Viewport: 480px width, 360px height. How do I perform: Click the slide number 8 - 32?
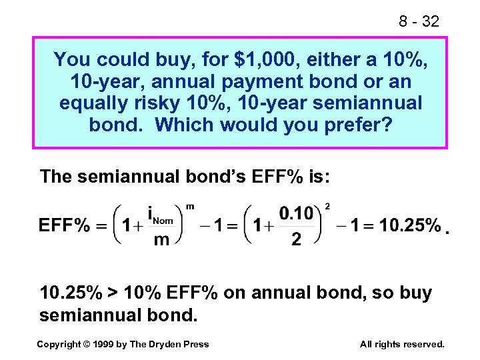coord(419,21)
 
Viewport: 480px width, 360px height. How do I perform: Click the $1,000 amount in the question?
coord(275,61)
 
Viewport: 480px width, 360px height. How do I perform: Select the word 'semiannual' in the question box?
coord(376,104)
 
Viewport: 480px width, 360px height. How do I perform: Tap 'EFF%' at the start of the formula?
coord(64,225)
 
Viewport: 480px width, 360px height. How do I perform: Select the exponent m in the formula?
coord(189,206)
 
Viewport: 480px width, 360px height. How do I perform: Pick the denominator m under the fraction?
coord(161,240)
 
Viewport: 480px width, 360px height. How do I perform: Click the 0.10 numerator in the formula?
coord(296,213)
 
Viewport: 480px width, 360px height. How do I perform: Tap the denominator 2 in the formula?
coord(296,239)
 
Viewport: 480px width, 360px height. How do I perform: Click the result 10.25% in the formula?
coord(410,225)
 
